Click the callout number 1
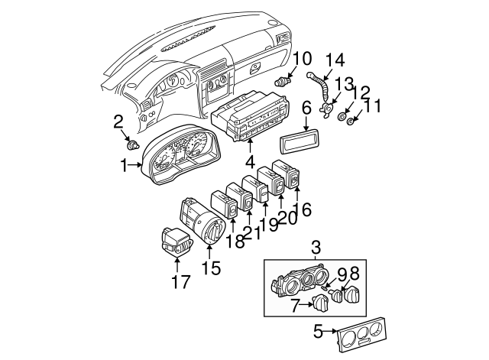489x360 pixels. [x=124, y=164]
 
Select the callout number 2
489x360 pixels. [x=118, y=120]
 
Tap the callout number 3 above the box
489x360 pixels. [x=315, y=246]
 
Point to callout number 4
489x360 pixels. [x=249, y=162]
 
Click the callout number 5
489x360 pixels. [x=318, y=332]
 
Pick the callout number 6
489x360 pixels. [x=306, y=109]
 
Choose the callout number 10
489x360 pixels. [x=302, y=57]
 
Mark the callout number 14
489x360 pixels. [x=336, y=60]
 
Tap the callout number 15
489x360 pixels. [x=210, y=268]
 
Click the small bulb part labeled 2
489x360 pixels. [x=134, y=143]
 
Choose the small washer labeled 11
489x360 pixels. [x=351, y=122]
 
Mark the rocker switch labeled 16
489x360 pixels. [x=293, y=181]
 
